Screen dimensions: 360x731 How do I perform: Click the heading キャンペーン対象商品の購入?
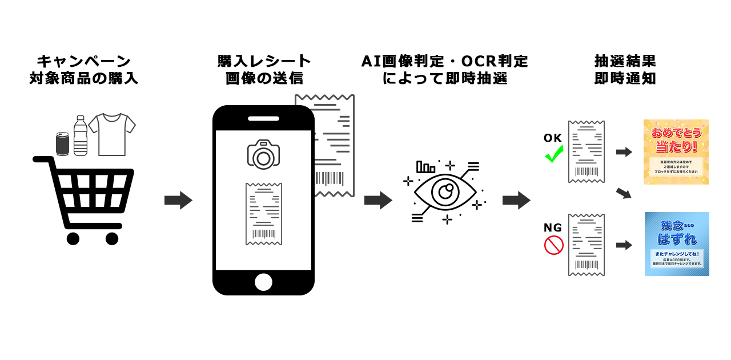[84, 70]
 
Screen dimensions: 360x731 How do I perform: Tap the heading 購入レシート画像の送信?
[264, 70]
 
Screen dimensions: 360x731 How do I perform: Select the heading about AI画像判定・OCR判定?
[445, 70]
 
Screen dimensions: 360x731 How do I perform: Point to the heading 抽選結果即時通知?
[625, 70]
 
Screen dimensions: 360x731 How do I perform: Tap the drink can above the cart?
[62, 143]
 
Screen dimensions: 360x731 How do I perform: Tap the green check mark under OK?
[553, 154]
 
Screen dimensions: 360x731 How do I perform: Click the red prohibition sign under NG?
[553, 245]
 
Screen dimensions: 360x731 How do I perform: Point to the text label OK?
[553, 138]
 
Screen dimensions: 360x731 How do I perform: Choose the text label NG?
[553, 228]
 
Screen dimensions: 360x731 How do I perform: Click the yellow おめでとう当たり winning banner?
[676, 151]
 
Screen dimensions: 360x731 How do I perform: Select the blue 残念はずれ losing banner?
[677, 244]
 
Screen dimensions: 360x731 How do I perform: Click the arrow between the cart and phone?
[178, 201]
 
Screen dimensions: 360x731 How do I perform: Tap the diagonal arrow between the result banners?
[624, 193]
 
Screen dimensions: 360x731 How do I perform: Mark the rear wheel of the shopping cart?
[73, 238]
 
